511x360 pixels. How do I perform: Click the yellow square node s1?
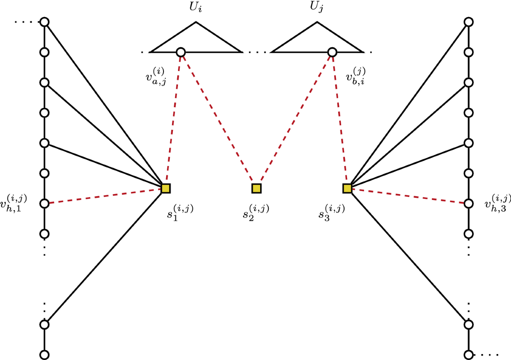[166, 188]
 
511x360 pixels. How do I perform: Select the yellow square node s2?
[256, 188]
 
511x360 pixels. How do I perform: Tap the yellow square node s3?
[347, 188]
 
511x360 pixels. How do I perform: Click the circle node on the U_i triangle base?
[181, 52]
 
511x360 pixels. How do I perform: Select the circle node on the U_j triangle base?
[332, 52]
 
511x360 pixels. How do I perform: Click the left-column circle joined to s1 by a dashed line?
[44, 203]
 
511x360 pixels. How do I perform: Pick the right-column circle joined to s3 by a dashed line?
[468, 203]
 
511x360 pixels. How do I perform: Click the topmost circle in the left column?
[44, 22]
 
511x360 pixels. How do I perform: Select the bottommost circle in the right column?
[468, 354]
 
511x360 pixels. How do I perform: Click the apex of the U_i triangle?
[195, 22]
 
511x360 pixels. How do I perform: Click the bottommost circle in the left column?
[44, 354]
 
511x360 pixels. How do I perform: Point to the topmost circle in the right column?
[468, 22]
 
